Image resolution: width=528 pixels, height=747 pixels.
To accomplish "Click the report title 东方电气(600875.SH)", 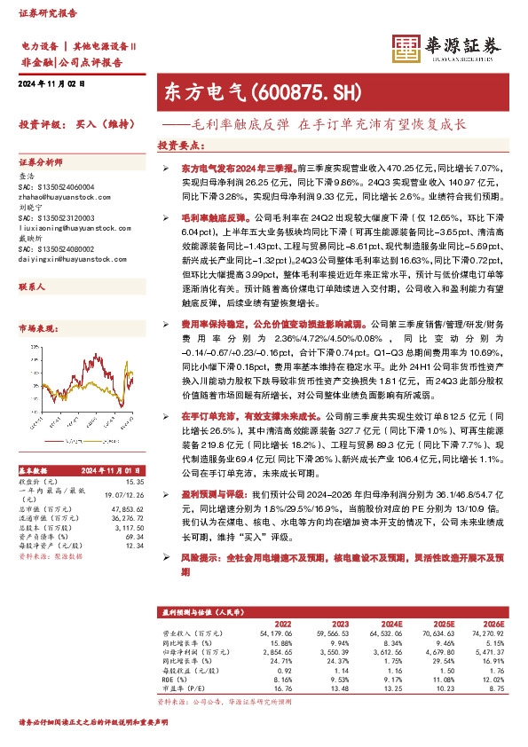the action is click(x=236, y=91).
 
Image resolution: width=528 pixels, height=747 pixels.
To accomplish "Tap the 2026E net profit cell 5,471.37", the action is click(x=486, y=650).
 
